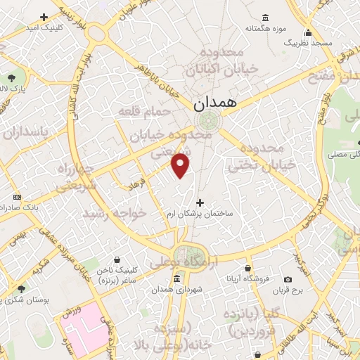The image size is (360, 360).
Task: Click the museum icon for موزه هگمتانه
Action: [x=265, y=18]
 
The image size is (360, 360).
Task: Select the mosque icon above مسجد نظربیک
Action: [x=308, y=32]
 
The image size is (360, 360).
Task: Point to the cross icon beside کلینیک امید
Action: [x=44, y=16]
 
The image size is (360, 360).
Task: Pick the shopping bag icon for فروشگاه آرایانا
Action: [x=247, y=267]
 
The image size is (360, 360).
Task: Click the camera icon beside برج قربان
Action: [x=288, y=279]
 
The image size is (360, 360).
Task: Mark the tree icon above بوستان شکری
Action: [x=21, y=289]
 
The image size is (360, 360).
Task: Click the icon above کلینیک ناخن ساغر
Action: [x=124, y=259]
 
